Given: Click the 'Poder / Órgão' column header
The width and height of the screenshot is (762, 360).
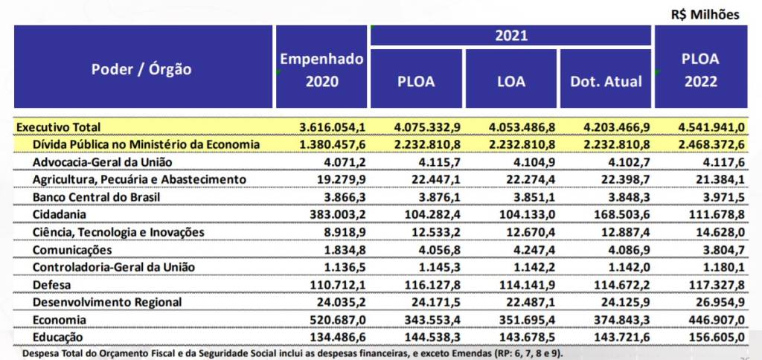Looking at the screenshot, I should pyautogui.click(x=141, y=70).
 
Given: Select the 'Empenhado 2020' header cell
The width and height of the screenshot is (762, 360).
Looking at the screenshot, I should pyautogui.click(x=321, y=70).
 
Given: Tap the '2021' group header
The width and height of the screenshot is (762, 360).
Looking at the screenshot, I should pyautogui.click(x=510, y=35).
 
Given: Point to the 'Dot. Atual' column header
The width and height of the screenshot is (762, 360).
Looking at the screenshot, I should pyautogui.click(x=606, y=82).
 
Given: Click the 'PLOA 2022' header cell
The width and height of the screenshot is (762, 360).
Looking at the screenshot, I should pyautogui.click(x=699, y=70).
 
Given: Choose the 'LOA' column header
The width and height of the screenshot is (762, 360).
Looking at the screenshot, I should pyautogui.click(x=510, y=82).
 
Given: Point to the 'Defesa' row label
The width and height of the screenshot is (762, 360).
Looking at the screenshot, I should pyautogui.click(x=51, y=285).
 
